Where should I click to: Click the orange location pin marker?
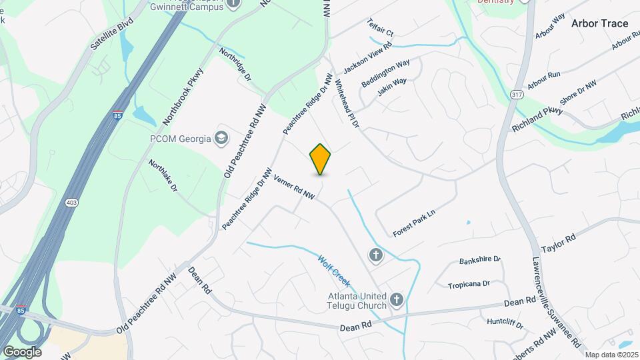tap(321, 159)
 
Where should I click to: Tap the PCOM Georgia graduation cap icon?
tap(221, 138)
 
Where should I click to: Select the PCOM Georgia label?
tap(179, 138)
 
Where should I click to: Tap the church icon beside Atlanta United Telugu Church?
tap(397, 300)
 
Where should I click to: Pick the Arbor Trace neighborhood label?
tap(599, 23)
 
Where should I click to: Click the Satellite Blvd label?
tap(111, 35)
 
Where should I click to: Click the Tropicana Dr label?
tap(469, 284)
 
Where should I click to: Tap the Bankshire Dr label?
tap(479, 259)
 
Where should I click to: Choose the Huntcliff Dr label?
tap(505, 323)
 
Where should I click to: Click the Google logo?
tap(22, 351)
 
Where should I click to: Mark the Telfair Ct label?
tap(381, 27)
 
